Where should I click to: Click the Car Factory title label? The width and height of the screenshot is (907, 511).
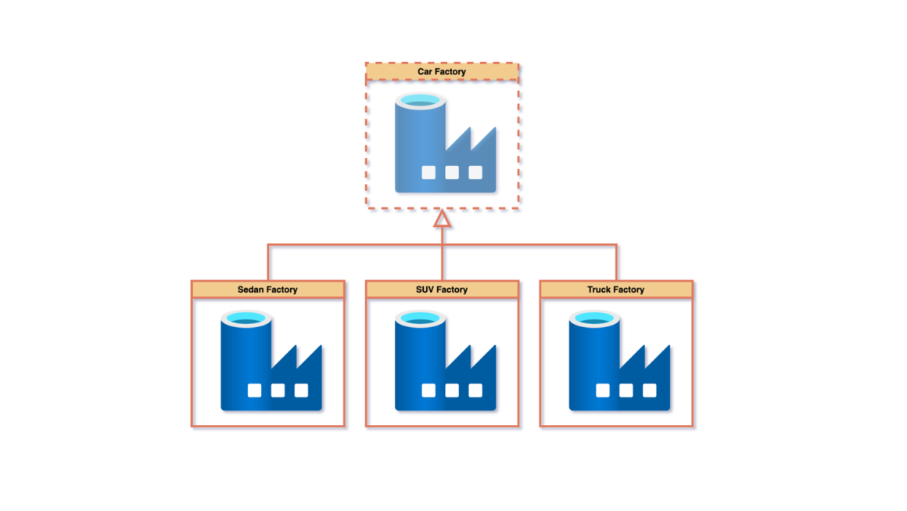pyautogui.click(x=442, y=72)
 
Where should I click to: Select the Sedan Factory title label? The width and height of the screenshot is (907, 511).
pyautogui.click(x=267, y=290)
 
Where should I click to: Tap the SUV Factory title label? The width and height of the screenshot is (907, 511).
pyautogui.click(x=442, y=290)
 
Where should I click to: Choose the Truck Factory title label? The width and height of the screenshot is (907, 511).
pyautogui.click(x=616, y=290)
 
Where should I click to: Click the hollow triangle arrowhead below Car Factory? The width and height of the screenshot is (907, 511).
pyautogui.click(x=443, y=218)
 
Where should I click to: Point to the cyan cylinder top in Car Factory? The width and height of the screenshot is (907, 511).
pyautogui.click(x=420, y=102)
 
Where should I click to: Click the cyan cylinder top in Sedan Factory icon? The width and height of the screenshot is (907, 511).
pyautogui.click(x=246, y=319)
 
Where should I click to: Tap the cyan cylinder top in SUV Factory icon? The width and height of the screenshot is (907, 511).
pyautogui.click(x=420, y=319)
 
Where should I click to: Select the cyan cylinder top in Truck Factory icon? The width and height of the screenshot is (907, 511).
pyautogui.click(x=594, y=319)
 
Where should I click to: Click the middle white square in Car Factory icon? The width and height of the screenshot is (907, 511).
pyautogui.click(x=452, y=173)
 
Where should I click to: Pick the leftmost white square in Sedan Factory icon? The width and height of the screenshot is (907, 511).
pyautogui.click(x=254, y=390)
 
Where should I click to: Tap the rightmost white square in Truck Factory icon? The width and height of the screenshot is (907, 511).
pyautogui.click(x=650, y=390)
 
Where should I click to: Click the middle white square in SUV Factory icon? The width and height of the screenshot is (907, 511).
pyautogui.click(x=452, y=390)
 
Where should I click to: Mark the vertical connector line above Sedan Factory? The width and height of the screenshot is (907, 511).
pyautogui.click(x=268, y=263)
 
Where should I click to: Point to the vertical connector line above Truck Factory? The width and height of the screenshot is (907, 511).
pyautogui.click(x=617, y=263)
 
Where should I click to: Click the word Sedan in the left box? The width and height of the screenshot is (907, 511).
pyautogui.click(x=249, y=290)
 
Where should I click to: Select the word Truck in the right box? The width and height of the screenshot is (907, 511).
pyautogui.click(x=599, y=290)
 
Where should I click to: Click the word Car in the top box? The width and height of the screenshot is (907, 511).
pyautogui.click(x=425, y=72)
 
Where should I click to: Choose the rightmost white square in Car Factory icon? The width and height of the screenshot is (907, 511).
pyautogui.click(x=475, y=173)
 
